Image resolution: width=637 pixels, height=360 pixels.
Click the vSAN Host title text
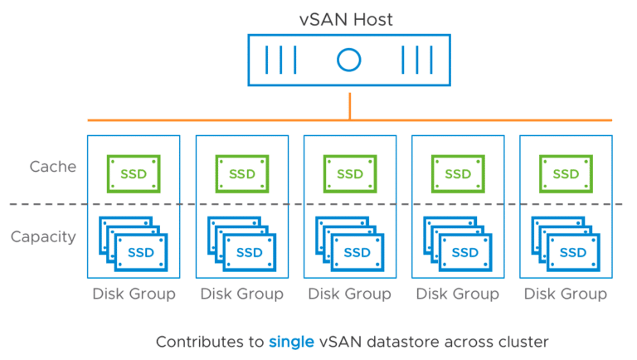(346, 20)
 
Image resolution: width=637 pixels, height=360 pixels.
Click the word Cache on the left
(53, 167)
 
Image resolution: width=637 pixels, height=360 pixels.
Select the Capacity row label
(43, 237)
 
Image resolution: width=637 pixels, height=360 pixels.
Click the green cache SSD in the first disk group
(134, 174)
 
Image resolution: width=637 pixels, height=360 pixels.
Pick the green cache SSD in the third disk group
(350, 174)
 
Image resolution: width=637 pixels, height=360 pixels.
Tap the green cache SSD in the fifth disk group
(566, 174)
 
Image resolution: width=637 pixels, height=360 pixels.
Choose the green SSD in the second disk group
(242, 174)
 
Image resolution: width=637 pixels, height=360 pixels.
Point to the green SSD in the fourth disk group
(458, 174)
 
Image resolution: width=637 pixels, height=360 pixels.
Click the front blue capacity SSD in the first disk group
(141, 252)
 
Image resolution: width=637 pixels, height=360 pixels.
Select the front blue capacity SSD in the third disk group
(357, 252)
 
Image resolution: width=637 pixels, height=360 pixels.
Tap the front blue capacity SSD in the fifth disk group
(573, 252)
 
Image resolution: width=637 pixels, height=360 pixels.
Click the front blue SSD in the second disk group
(250, 252)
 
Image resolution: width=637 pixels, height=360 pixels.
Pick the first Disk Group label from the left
(134, 294)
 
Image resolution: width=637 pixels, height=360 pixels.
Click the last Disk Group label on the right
(566, 294)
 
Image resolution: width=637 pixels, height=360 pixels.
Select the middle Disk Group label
(350, 294)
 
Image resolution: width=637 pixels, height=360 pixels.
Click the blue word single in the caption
(291, 342)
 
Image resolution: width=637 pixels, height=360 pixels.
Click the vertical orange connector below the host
(350, 106)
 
